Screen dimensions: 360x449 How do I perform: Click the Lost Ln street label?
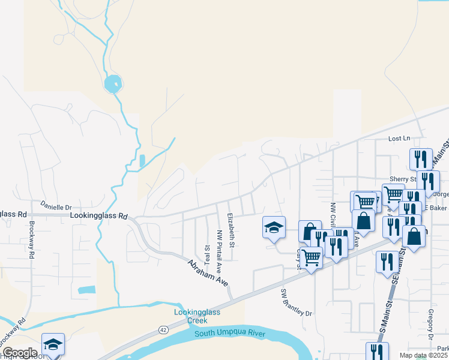(399, 139)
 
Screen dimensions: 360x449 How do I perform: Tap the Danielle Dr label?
(56, 205)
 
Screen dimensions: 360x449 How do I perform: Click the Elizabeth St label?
(231, 230)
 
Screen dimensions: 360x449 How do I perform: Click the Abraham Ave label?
(208, 272)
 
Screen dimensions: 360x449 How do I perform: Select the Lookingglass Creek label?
(197, 316)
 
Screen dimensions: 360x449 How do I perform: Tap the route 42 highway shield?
(163, 329)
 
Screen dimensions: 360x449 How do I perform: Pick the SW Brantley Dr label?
(297, 302)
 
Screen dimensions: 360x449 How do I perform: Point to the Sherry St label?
(404, 179)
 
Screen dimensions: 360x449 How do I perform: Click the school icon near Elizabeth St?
(274, 227)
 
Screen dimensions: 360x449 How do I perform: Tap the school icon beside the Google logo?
(53, 344)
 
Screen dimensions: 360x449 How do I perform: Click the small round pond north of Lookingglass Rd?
(113, 83)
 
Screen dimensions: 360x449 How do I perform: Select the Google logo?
(20, 353)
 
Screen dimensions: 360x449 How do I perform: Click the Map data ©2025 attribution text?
(424, 355)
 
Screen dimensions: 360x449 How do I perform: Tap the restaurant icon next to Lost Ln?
(421, 158)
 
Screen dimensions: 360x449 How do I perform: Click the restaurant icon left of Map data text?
(377, 352)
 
